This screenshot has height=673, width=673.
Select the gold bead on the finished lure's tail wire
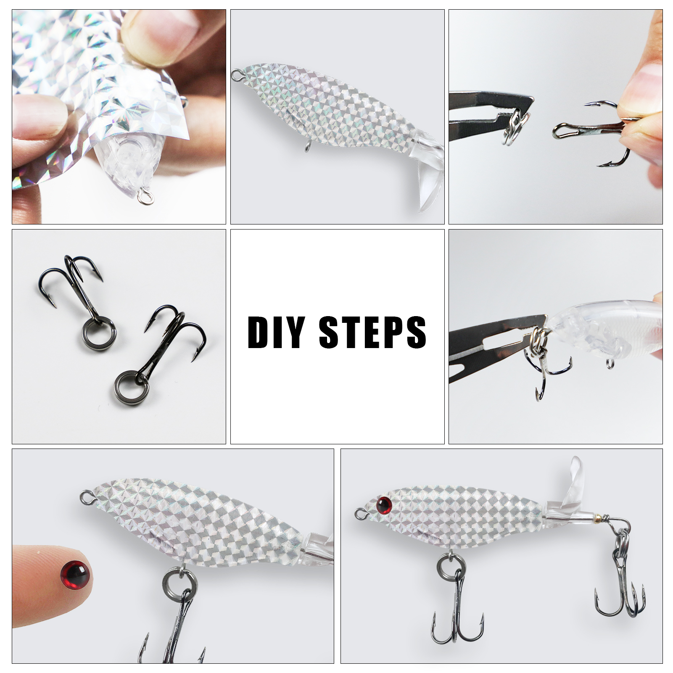click(x=599, y=516)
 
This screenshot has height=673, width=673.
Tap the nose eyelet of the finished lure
click(x=360, y=513)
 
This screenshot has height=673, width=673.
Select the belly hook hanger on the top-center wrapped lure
click(x=307, y=148)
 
